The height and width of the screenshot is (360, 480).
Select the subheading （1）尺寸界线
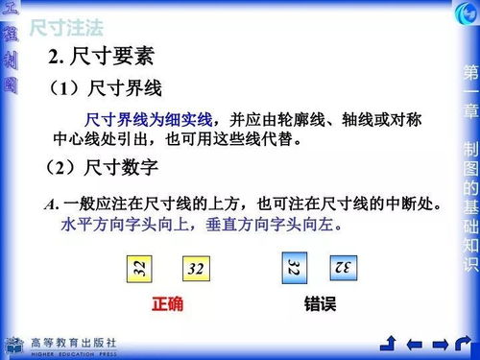click(105, 89)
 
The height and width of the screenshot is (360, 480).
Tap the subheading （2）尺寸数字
click(102, 168)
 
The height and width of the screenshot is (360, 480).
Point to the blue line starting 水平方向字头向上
click(202, 226)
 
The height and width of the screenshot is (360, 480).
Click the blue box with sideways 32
click(294, 268)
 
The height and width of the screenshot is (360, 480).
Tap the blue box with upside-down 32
click(343, 267)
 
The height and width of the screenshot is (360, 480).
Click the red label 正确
click(167, 304)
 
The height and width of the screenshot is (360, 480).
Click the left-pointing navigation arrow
click(415, 344)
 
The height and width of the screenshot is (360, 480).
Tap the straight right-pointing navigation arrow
click(440, 344)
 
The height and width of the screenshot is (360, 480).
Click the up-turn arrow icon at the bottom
click(390, 344)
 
